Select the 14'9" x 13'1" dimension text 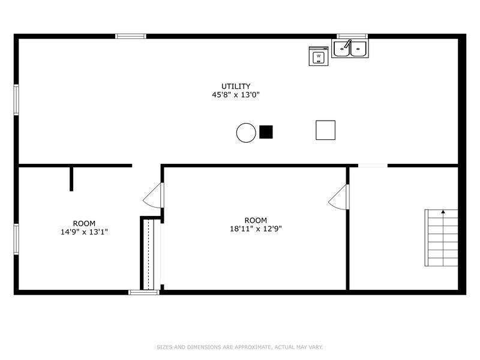pyautogui.click(x=84, y=232)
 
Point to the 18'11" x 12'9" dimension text pyautogui.click(x=256, y=229)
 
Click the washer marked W pyautogui.click(x=319, y=56)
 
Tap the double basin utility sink pyautogui.click(x=350, y=48)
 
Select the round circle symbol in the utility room pyautogui.click(x=246, y=133)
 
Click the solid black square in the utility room pyautogui.click(x=266, y=131)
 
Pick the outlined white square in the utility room pyautogui.click(x=325, y=130)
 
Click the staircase pyautogui.click(x=442, y=238)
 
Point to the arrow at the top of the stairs pyautogui.click(x=443, y=212)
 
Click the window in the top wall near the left pyautogui.click(x=131, y=37)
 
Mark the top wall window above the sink pyautogui.click(x=352, y=37)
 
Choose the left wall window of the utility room pyautogui.click(x=16, y=99)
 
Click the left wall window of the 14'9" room pyautogui.click(x=16, y=239)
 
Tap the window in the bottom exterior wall pyautogui.click(x=144, y=292)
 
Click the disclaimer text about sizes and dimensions pyautogui.click(x=240, y=347)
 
